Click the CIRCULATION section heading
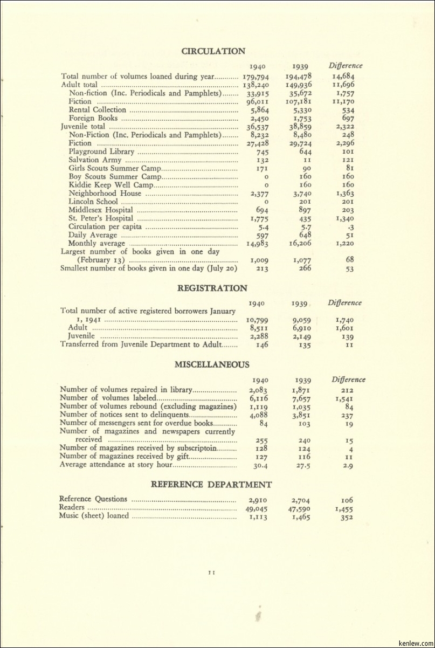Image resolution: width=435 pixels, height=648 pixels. [213, 51]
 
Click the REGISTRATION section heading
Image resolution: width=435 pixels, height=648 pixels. [212, 288]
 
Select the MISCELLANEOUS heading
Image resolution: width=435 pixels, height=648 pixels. [212, 364]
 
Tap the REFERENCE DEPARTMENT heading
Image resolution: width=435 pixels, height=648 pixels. [211, 485]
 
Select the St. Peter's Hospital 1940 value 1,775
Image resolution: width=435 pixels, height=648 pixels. [259, 218]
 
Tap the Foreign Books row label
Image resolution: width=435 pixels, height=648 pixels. [93, 118]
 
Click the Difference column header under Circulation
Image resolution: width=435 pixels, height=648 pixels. [346, 66]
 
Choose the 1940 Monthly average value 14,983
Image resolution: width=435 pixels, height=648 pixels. [258, 244]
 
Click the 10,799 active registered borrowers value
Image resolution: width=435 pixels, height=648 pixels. [257, 320]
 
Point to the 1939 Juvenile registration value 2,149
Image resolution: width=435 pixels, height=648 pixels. [301, 336]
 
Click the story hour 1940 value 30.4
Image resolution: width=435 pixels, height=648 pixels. [260, 465]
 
